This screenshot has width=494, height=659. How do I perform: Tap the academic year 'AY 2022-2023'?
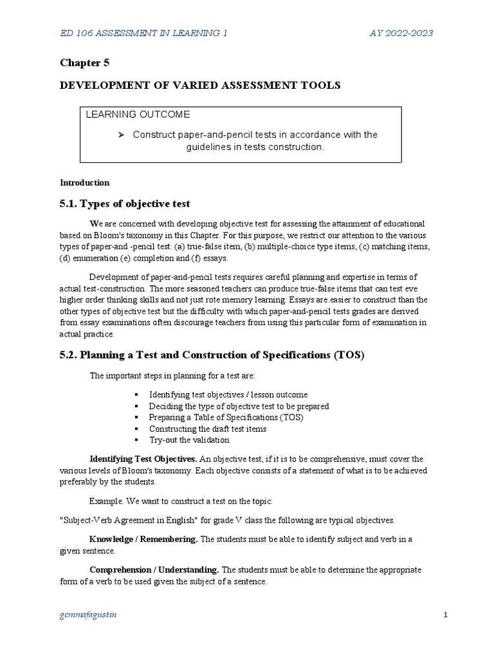[401, 32]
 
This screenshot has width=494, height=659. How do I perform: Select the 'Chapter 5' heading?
[80, 62]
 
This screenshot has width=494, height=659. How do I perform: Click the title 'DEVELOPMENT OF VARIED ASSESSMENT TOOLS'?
[200, 85]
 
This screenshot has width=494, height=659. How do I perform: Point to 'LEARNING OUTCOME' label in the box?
[138, 115]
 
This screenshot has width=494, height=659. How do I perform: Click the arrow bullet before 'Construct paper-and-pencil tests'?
[120, 135]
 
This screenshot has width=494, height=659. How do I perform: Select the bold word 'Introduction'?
[84, 182]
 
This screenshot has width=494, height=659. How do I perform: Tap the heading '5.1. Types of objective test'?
[125, 204]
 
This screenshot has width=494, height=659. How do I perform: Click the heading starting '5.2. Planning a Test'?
[212, 355]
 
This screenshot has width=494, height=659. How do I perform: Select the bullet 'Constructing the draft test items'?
[207, 429]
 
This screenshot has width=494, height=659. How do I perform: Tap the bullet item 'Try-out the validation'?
[188, 440]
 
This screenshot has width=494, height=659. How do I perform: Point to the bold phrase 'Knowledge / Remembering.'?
[143, 539]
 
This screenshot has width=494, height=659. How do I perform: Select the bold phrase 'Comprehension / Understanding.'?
[154, 570]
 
